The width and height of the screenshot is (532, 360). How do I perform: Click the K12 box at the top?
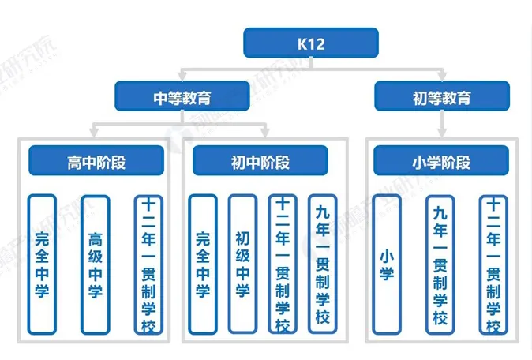310,43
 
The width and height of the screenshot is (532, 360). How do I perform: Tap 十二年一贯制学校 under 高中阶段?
148,264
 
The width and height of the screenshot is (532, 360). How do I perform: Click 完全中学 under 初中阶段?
203,264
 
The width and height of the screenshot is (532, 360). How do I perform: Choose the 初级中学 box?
242,264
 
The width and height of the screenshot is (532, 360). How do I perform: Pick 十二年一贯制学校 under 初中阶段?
282,264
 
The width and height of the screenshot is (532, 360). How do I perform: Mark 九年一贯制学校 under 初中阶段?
321,264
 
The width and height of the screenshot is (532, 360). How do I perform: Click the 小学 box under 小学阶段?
387,264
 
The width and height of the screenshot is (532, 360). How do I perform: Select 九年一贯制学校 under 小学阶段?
440,264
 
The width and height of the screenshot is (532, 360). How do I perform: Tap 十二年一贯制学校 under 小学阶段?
493,264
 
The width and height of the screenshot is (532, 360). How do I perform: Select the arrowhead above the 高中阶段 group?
95,129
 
